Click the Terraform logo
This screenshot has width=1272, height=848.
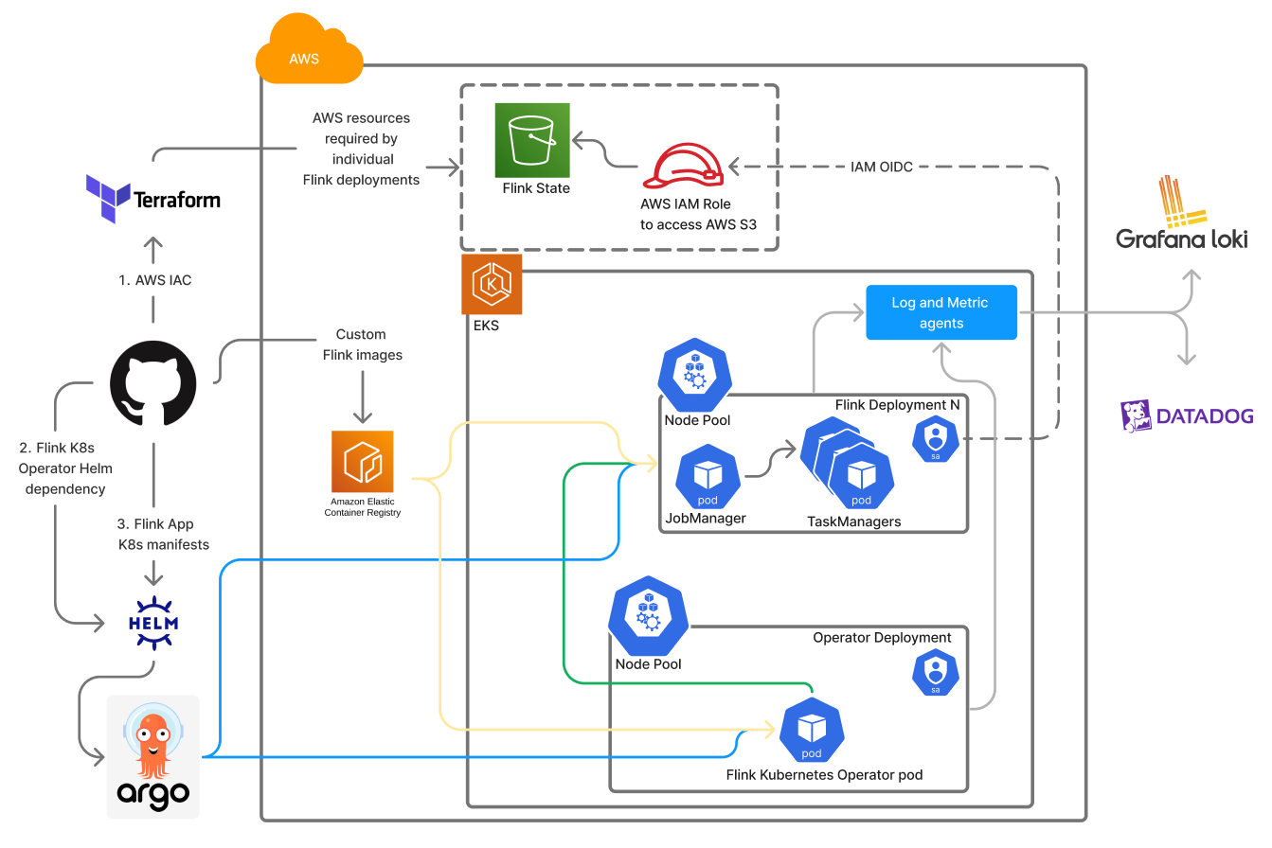[x=152, y=199]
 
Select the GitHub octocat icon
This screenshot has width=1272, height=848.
[x=152, y=382]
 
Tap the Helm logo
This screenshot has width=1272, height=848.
[x=152, y=623]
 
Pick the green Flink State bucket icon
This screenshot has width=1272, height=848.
[x=532, y=140]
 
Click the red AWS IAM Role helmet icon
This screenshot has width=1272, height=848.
[x=683, y=166]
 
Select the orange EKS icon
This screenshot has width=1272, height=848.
[x=492, y=283]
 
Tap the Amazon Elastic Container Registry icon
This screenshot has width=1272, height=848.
[x=362, y=461]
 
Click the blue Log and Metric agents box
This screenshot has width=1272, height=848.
[x=941, y=312]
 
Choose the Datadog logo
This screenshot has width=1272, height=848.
[x=1187, y=415]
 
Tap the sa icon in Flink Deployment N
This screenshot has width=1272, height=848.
[x=936, y=439]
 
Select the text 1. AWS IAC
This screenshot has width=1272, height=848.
[x=154, y=280]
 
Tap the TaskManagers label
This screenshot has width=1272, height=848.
[x=853, y=521]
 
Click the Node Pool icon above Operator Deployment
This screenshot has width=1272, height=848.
[x=648, y=619]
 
